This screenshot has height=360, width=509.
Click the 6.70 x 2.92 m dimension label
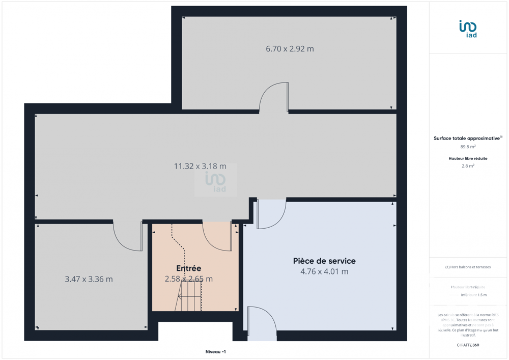pos(290,49)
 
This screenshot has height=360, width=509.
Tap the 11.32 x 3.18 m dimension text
pos(200,166)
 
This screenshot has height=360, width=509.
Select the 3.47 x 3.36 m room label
pos(89,279)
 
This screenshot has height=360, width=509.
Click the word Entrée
pos(189,268)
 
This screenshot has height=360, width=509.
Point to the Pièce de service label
pos(324,261)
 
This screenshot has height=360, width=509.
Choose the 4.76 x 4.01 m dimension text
pos(324,271)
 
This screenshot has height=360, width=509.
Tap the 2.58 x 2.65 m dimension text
pos(189,279)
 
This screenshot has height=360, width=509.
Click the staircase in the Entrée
pos(190,296)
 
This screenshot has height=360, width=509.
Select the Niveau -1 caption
pos(215,351)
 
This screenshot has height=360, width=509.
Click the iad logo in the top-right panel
pos(468,29)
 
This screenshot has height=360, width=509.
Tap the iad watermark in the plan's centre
pos(215,181)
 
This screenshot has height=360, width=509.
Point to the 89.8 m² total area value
pos(468,147)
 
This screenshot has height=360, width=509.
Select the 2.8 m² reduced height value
pos(468,166)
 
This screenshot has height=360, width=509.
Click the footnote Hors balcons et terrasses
pos(468,267)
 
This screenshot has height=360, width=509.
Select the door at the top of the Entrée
pos(217,236)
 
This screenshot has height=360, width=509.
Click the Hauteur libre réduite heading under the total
pos(468,158)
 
